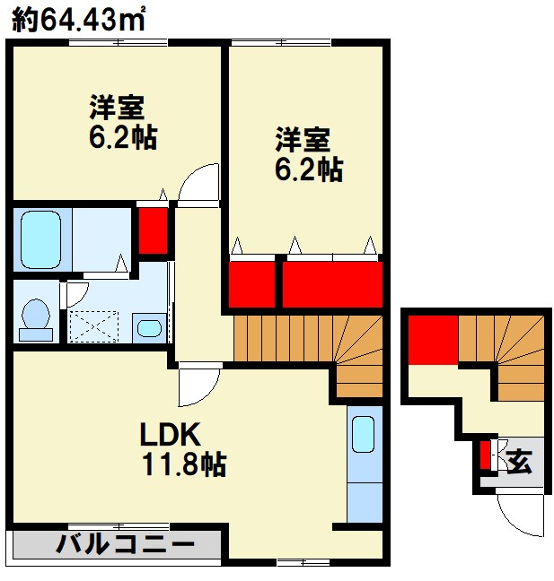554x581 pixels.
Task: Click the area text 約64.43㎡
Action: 80,21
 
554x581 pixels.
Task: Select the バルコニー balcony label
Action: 126,543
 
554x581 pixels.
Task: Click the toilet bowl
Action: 35,317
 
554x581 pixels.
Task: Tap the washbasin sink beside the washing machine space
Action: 149,327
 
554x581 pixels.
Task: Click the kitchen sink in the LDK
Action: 363,435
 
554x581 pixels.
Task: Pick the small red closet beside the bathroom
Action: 153,230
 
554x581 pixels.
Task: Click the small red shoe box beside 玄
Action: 485,455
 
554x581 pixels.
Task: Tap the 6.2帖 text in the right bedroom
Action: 308,169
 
